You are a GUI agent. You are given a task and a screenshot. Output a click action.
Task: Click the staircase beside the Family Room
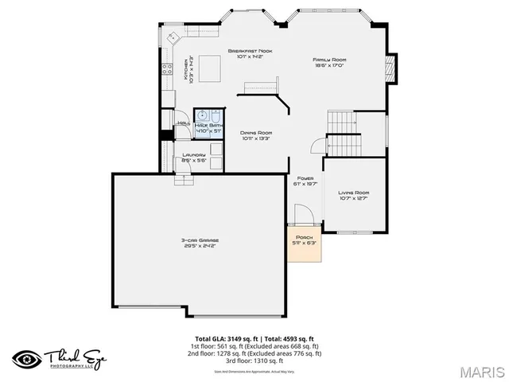pos(343,134)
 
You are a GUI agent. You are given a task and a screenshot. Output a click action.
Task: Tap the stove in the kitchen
pos(168,69)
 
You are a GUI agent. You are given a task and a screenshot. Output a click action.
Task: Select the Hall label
pos(183,123)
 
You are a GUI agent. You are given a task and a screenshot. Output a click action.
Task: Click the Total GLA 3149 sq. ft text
pos(225,338)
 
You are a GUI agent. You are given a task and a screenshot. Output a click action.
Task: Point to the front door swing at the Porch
pos(303,216)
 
